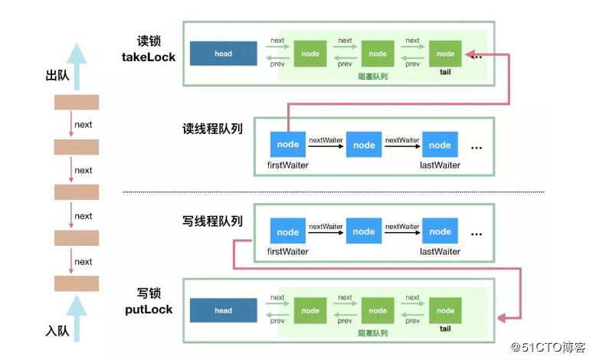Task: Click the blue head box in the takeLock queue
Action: click(223, 54)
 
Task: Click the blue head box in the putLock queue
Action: click(223, 310)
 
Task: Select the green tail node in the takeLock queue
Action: click(445, 54)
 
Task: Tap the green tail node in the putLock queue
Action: click(445, 310)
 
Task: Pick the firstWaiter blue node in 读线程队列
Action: click(288, 145)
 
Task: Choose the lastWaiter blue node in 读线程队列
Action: click(440, 145)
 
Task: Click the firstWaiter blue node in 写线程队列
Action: click(288, 232)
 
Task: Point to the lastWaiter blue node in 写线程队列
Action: click(440, 232)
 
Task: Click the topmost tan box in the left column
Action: click(76, 102)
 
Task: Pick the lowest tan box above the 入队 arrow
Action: click(76, 283)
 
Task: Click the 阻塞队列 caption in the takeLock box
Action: click(372, 77)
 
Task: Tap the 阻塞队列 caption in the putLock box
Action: click(372, 333)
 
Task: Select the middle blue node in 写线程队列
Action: click(364, 232)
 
